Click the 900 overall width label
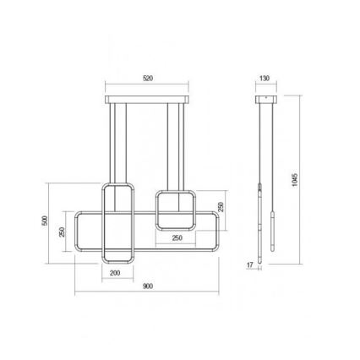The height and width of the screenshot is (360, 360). pos(147,286)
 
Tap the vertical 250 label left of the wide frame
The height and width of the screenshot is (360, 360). pos(63,233)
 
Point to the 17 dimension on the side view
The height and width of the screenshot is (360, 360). pos(249,265)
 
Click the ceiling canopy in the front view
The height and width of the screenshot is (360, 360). pos(149,101)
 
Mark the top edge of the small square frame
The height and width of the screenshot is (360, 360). pos(176,192)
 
